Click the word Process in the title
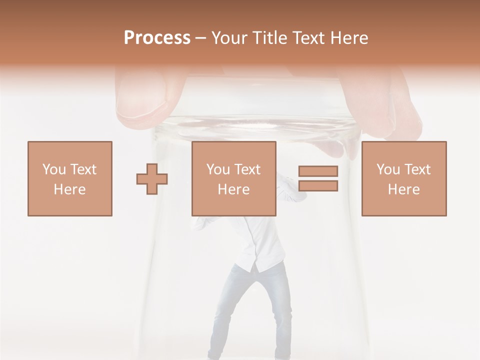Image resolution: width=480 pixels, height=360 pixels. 157,38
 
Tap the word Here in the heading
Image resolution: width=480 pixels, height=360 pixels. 348,38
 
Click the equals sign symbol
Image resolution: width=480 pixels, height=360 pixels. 318,178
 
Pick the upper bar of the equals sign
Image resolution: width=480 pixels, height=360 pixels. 318,171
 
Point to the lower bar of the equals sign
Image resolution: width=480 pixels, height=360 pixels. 318,186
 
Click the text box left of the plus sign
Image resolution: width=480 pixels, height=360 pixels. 69,178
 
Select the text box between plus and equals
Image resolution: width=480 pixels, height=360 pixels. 233,178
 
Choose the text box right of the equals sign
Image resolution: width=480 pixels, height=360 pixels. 403,178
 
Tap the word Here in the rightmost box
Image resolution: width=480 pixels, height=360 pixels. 403,189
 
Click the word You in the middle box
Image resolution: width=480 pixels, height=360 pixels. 218,169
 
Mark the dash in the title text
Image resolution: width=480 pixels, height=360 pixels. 201,38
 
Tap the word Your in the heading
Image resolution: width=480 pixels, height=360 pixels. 229,38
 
